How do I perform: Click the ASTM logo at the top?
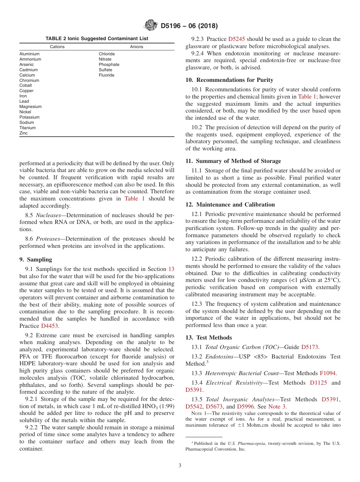pos(151,26)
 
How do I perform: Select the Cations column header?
pos(57,47)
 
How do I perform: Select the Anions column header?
pos(137,47)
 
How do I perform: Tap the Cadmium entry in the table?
pos(29,70)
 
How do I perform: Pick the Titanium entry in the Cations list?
pos(28,128)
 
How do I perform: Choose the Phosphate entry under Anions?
pos(109,64)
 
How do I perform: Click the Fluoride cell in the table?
pos(106,75)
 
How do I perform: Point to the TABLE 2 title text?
pos(97,39)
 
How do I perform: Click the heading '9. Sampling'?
pos(36,260)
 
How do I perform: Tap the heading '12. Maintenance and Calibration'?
pos(230,205)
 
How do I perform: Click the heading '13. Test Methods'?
pos(208,338)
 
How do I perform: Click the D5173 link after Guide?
pos(310,347)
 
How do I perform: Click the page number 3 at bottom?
pos(180,466)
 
